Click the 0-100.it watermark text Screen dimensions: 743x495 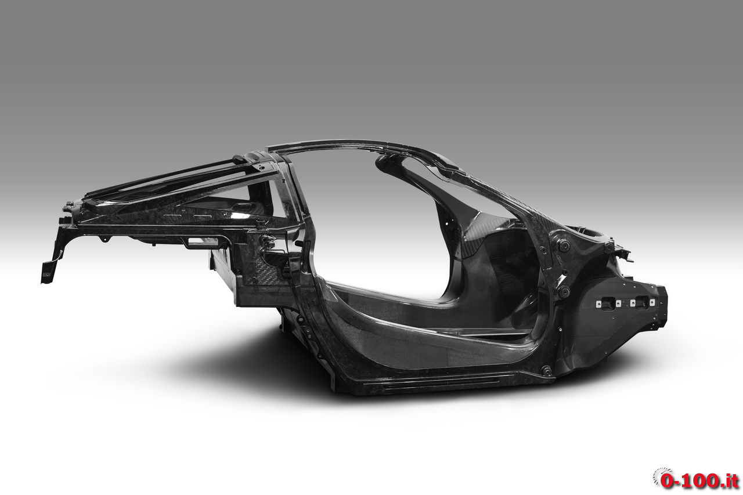click(700, 480)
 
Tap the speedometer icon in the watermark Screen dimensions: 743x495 click(662, 475)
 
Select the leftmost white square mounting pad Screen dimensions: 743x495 click(598, 303)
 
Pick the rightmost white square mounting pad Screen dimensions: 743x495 click(652, 302)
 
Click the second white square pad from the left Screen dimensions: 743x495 click(618, 303)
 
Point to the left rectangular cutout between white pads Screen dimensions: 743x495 click(608, 303)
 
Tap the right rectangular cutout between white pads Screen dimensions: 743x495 click(643, 302)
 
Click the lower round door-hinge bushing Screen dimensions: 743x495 click(564, 291)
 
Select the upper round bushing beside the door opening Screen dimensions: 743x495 click(563, 245)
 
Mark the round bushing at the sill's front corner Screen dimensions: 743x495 click(546, 370)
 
